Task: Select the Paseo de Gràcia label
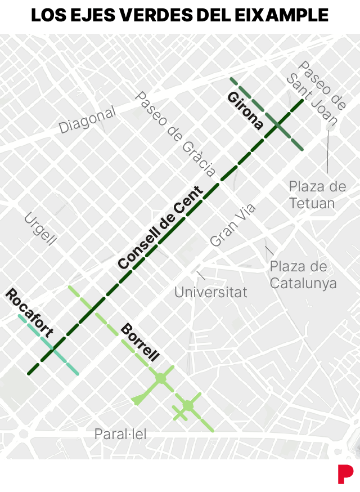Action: coord(175,135)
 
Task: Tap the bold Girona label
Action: coord(245,111)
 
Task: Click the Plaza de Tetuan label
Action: coord(317,195)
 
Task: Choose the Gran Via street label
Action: coord(232,225)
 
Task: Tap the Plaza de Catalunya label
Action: coord(303,274)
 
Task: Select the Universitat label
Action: coord(210,292)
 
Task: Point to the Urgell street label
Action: coord(40,229)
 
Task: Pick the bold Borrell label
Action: coord(140,342)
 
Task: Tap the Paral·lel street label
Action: coord(120,434)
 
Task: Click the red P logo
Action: coord(345,473)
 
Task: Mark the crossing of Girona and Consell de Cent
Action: coord(278,125)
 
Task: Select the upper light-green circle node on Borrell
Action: coord(160,378)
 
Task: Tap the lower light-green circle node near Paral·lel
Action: coord(188,405)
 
